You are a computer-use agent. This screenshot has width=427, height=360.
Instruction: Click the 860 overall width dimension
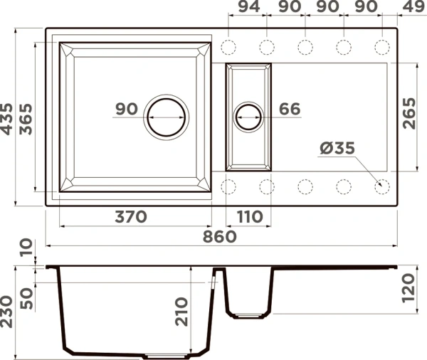220,237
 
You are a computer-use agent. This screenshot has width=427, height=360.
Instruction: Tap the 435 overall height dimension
6,119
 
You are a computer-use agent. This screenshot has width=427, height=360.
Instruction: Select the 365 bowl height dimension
26,119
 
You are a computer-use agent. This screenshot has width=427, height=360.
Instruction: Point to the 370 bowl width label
131,217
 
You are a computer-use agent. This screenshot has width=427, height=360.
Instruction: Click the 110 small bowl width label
250,217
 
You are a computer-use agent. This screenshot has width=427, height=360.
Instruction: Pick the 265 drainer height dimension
409,113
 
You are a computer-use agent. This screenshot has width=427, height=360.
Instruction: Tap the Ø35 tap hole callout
337,148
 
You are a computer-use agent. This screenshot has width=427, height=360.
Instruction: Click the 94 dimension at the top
249,6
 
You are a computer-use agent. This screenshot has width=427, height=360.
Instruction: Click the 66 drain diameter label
290,109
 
